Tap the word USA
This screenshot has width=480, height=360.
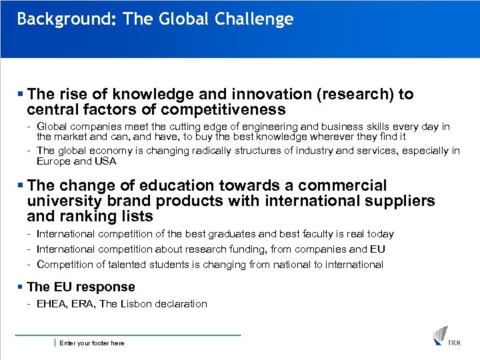point(105,161)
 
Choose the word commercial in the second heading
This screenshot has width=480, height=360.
point(343,186)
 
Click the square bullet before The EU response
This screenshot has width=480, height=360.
point(21,287)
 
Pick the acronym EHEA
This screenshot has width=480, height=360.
point(51,304)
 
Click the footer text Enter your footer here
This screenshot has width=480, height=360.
point(91,343)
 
